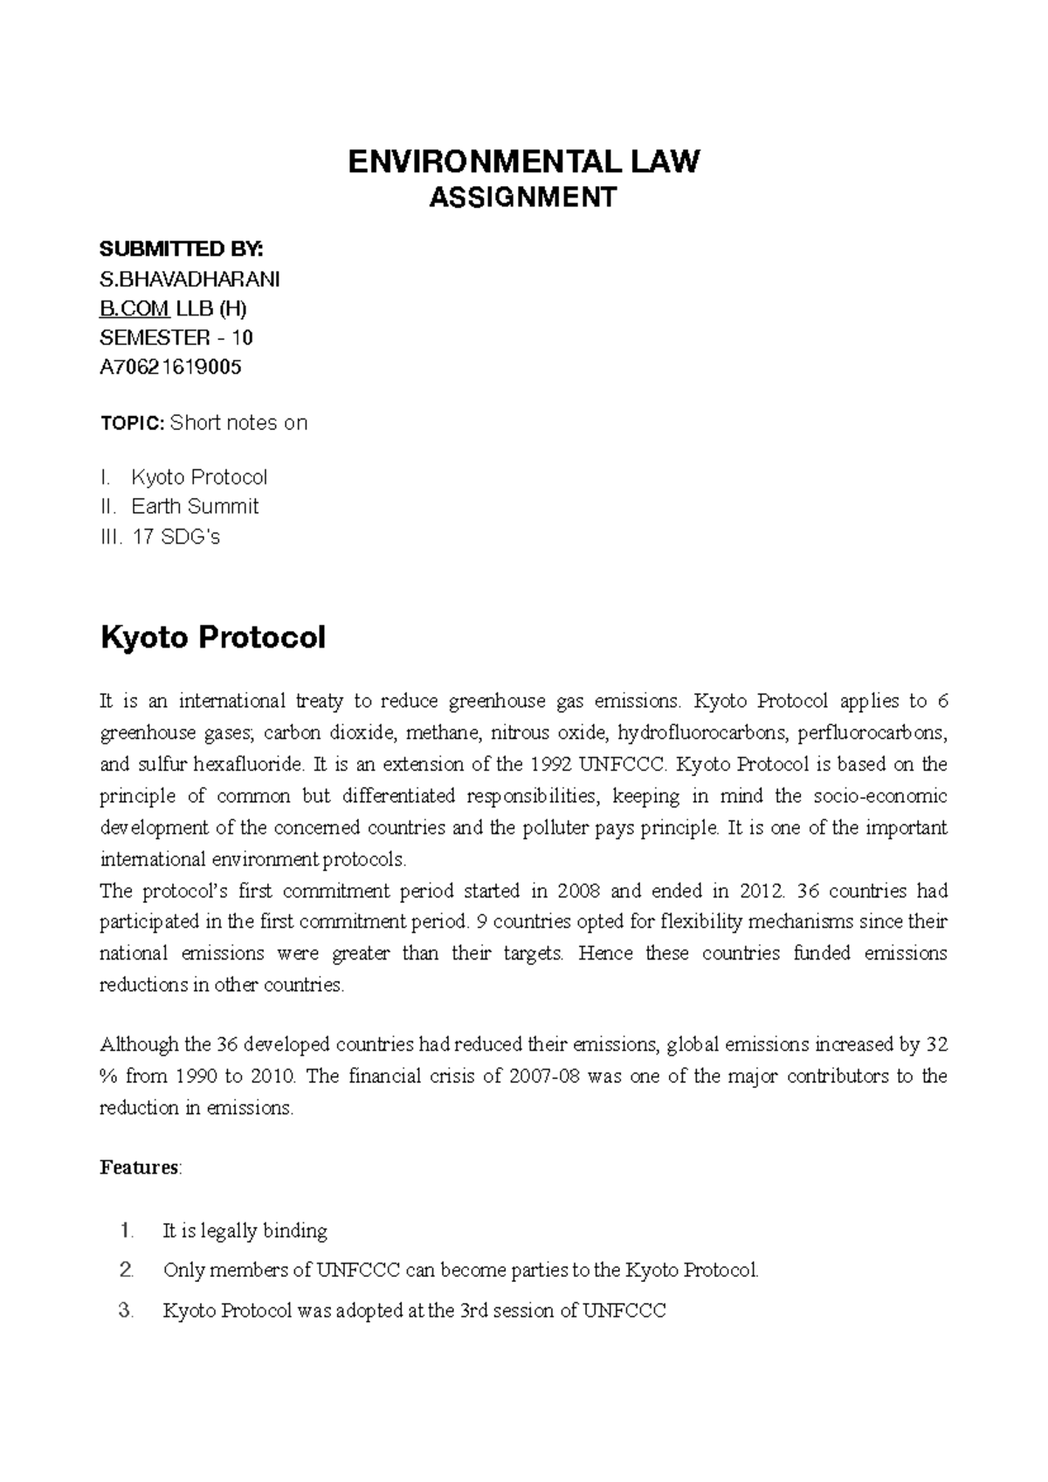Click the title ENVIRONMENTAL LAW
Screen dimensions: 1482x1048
pyautogui.click(x=524, y=162)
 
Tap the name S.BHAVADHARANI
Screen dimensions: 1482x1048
pyautogui.click(x=190, y=279)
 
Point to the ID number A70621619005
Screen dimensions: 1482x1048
pyautogui.click(x=171, y=367)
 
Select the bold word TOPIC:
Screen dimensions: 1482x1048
pyautogui.click(x=132, y=424)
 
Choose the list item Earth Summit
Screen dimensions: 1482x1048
pyautogui.click(x=195, y=507)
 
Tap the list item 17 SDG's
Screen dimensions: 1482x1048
pyautogui.click(x=176, y=537)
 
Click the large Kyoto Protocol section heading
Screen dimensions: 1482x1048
pyautogui.click(x=213, y=637)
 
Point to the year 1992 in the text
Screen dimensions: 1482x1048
pyautogui.click(x=550, y=765)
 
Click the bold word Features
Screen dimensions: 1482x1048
pyautogui.click(x=140, y=1167)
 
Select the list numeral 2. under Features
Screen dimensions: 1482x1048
pyautogui.click(x=127, y=1271)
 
